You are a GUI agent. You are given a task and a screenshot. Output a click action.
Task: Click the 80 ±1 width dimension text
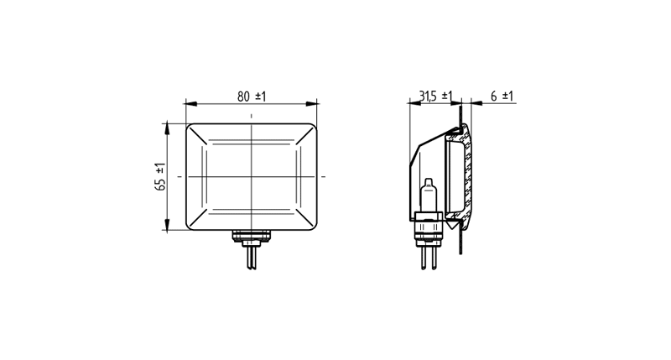[252, 97]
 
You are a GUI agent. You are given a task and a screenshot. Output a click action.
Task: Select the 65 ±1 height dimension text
[160, 176]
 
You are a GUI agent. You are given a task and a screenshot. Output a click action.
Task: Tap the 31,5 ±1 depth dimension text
[435, 97]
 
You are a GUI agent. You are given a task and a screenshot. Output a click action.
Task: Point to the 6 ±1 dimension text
[502, 97]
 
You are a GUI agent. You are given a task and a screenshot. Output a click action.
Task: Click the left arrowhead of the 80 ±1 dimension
[191, 103]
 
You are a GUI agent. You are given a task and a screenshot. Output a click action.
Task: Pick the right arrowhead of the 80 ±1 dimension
[311, 103]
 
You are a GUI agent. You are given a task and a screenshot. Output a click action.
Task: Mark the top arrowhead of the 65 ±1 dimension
[167, 128]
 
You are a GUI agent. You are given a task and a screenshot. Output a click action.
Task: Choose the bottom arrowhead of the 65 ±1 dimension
[167, 225]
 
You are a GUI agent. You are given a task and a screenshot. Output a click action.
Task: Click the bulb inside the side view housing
[429, 196]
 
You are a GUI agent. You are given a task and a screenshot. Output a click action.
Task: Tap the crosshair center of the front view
[251, 176]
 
